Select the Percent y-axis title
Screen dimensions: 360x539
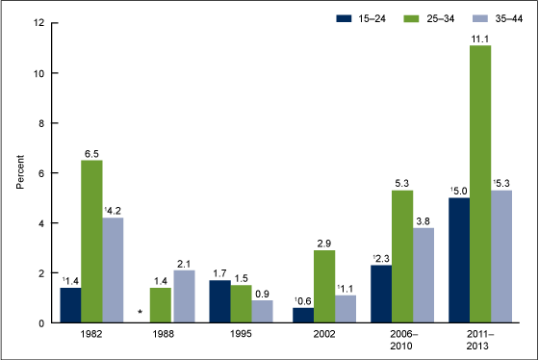click(x=18, y=173)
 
